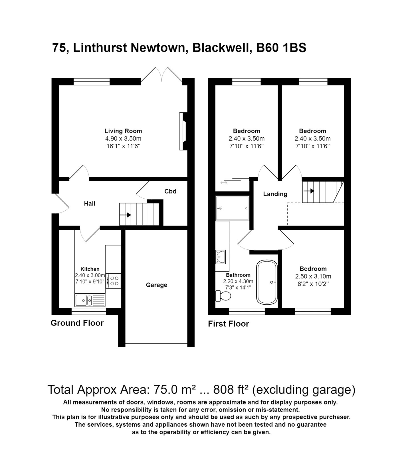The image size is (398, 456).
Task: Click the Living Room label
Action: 123,131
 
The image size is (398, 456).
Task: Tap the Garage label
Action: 156,285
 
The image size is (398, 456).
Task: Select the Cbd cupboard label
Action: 170,191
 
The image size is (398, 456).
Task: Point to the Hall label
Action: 90,203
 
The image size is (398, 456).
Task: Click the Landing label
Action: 275,194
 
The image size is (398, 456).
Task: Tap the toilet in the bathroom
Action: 223,296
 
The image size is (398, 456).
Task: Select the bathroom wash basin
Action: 221,256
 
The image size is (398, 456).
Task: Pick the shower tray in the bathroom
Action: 233,208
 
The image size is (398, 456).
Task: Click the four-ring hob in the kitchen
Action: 113,281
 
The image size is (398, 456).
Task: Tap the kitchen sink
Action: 90,300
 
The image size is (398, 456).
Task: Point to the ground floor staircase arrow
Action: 126,215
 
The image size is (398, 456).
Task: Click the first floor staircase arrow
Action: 309,191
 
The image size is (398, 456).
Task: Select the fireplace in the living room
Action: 183,131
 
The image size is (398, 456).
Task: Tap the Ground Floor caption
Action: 77,323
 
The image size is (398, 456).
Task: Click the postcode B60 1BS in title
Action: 281,48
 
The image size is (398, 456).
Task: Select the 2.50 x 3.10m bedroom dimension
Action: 313,276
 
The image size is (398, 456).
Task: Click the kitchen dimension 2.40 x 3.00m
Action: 90,275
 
